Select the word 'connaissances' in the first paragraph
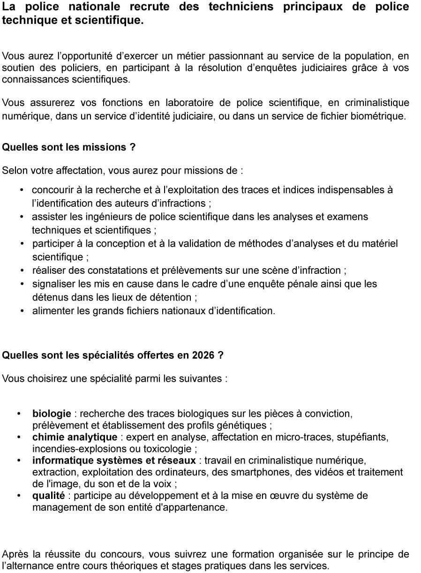click(x=30, y=79)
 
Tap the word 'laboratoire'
click(x=189, y=103)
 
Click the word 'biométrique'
click(x=378, y=116)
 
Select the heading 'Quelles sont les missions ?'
click(x=68, y=147)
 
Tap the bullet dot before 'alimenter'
click(x=22, y=310)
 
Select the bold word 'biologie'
click(x=52, y=414)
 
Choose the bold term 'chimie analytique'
click(x=75, y=437)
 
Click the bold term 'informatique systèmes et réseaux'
click(x=114, y=460)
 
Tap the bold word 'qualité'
click(x=48, y=496)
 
